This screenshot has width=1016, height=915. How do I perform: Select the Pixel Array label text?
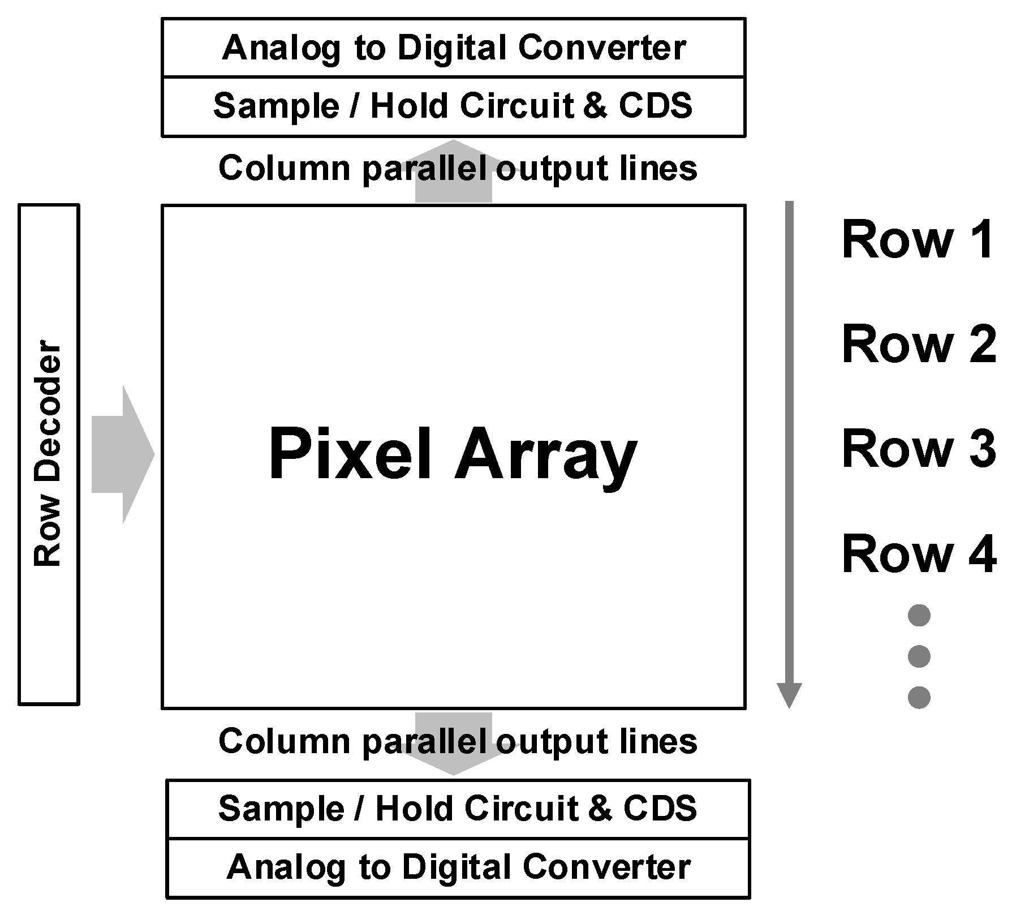(453, 454)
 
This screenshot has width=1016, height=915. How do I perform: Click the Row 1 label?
(918, 240)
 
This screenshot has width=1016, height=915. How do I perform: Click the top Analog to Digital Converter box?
(454, 48)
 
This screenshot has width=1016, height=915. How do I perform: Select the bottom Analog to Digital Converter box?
(458, 867)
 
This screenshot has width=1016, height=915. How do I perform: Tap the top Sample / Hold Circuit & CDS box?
(453, 106)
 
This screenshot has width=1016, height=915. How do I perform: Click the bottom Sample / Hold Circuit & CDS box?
(458, 808)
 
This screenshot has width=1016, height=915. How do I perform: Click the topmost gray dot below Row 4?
(919, 615)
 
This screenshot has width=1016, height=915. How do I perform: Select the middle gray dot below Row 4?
(919, 656)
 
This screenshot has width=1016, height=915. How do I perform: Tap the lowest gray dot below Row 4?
(919, 697)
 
